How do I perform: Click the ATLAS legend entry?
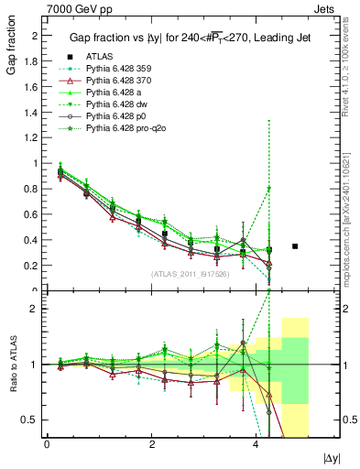pyautogui.click(x=100, y=81)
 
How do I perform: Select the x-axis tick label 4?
pyautogui.click(x=256, y=444)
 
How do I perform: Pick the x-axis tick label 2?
pyautogui.click(x=151, y=444)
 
